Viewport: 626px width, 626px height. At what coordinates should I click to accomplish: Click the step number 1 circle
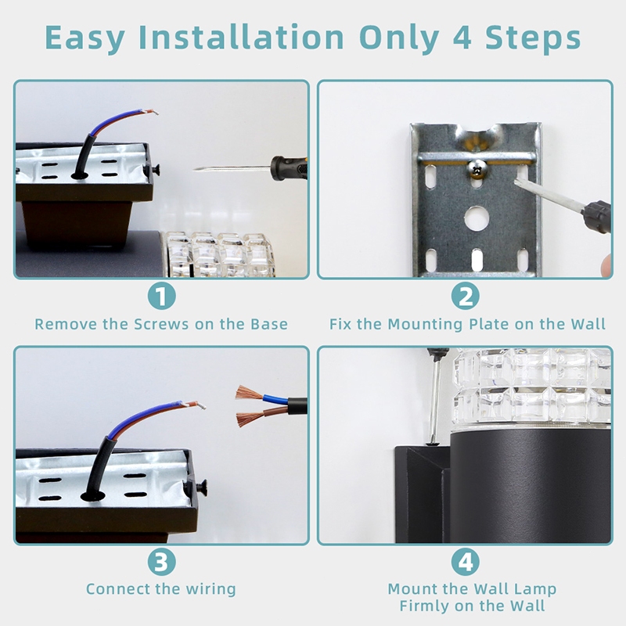161,296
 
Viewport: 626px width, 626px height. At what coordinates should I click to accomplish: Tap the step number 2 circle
465,296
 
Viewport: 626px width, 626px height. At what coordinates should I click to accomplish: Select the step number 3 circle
161,561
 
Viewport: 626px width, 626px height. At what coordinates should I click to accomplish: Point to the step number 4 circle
465,561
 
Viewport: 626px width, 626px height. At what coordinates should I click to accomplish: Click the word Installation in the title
241,37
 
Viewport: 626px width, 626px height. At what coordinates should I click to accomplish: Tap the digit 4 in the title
462,38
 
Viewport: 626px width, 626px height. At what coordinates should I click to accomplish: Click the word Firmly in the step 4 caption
425,606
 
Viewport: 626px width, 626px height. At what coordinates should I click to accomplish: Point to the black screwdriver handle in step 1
289,167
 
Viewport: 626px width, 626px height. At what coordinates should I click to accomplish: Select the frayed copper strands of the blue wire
249,393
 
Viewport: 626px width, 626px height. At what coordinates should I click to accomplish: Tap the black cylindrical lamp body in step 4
531,484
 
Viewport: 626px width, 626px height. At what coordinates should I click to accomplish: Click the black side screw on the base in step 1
155,169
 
